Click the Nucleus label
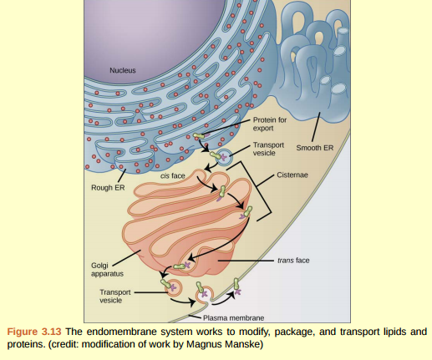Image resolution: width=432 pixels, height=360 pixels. point(122,70)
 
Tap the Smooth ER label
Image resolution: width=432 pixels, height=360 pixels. point(315,147)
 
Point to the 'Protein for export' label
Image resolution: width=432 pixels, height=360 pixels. point(268,124)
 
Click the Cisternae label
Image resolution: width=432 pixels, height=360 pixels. point(293,176)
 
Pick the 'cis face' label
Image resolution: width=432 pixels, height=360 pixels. point(172,176)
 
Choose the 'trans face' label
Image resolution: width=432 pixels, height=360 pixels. point(292,260)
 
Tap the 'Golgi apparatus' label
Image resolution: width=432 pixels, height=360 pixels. point(106,269)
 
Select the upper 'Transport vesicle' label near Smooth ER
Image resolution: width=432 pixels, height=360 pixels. point(268,149)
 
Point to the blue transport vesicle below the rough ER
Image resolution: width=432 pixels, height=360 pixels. point(225,155)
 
